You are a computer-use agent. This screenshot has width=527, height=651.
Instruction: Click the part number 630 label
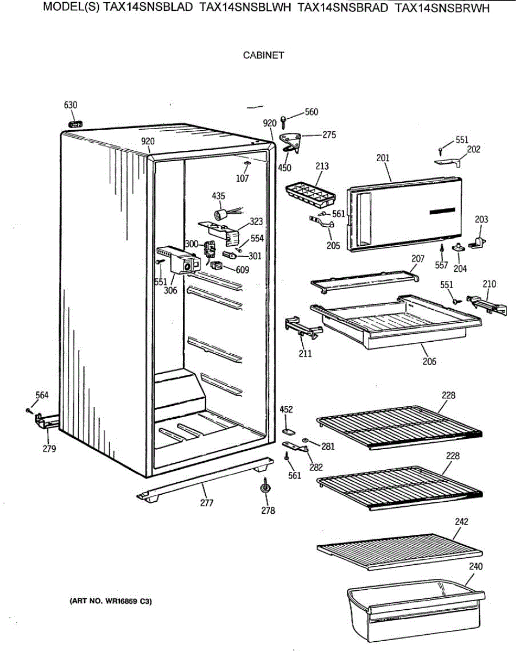71,105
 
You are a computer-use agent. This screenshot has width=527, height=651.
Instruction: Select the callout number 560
312,112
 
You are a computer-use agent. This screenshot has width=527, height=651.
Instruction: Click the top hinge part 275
290,140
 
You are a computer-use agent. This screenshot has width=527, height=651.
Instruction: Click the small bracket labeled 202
448,161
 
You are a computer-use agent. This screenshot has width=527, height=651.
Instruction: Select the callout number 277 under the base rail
207,503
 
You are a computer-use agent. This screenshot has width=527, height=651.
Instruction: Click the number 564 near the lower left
42,395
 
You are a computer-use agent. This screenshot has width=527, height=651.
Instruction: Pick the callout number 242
461,522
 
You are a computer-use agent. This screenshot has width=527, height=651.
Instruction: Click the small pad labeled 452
288,430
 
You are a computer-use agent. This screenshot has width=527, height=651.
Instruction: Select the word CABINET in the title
263,55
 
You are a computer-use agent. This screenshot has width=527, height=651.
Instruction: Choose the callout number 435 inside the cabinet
219,196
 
